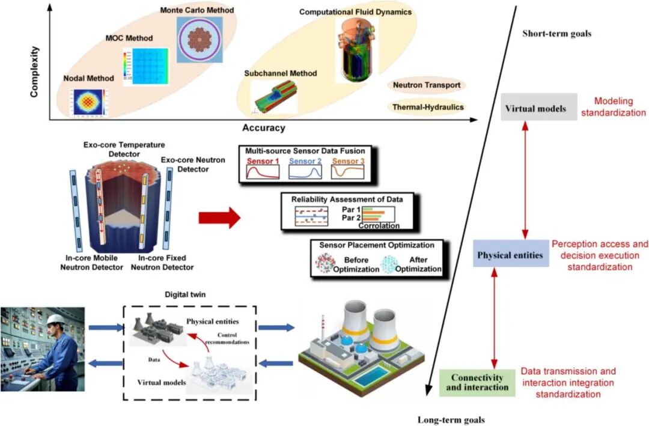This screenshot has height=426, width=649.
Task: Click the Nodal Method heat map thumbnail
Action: (x=88, y=102)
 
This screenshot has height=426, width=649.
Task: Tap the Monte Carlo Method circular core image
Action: (x=199, y=40)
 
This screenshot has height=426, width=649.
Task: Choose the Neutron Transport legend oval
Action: (x=427, y=85)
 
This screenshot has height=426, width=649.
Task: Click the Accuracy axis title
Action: (x=263, y=128)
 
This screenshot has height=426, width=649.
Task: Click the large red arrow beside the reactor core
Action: (x=219, y=218)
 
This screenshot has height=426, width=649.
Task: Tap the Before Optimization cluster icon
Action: (x=325, y=264)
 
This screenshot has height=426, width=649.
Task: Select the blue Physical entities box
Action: (x=510, y=255)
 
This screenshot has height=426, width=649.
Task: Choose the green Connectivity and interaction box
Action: (x=477, y=382)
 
